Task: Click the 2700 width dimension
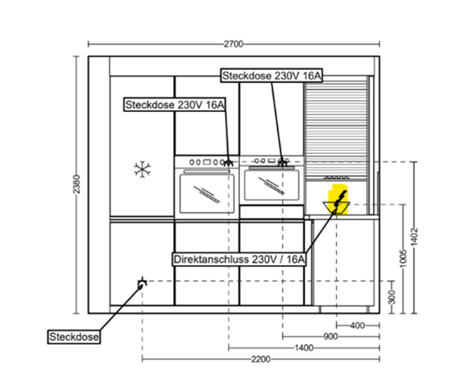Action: point(233,44)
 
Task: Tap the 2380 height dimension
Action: point(77,184)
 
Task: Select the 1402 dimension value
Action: point(414,236)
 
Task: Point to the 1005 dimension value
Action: point(403,258)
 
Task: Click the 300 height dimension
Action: point(392,297)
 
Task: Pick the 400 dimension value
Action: point(358,325)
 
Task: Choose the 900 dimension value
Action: point(330,336)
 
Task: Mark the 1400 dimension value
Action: point(304,347)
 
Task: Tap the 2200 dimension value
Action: point(260,359)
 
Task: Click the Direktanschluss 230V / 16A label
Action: point(239,259)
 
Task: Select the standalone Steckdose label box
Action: point(74,337)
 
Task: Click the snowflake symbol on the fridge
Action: point(143,169)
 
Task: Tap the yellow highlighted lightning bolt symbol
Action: point(339,200)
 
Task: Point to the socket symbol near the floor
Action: point(142,283)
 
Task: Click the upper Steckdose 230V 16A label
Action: point(272,76)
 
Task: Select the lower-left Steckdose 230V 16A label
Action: point(175,105)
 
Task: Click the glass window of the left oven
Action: point(207,193)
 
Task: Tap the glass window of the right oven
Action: point(272,185)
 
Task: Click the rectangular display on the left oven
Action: point(206,162)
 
